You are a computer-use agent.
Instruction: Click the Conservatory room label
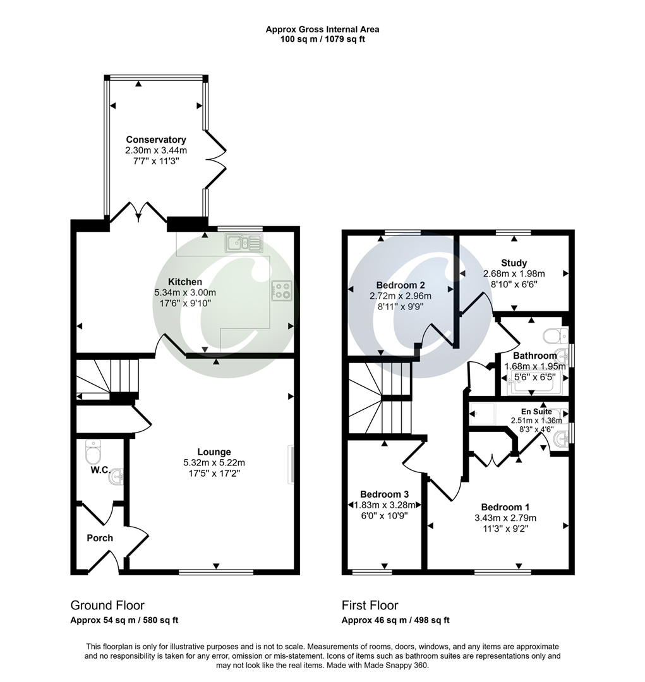pyautogui.click(x=155, y=140)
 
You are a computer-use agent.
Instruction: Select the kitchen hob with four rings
pyautogui.click(x=282, y=290)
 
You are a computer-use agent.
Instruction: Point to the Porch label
pyautogui.click(x=100, y=538)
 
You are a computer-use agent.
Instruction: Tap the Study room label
pyautogui.click(x=514, y=263)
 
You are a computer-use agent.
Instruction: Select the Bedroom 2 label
pyautogui.click(x=399, y=285)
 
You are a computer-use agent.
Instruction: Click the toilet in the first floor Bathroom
pyautogui.click(x=554, y=335)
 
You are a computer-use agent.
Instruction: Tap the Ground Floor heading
pyautogui.click(x=107, y=605)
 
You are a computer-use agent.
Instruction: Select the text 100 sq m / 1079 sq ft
pyautogui.click(x=322, y=39)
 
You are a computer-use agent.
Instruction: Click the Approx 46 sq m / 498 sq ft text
pyautogui.click(x=395, y=620)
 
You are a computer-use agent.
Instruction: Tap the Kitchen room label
pyautogui.click(x=184, y=282)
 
